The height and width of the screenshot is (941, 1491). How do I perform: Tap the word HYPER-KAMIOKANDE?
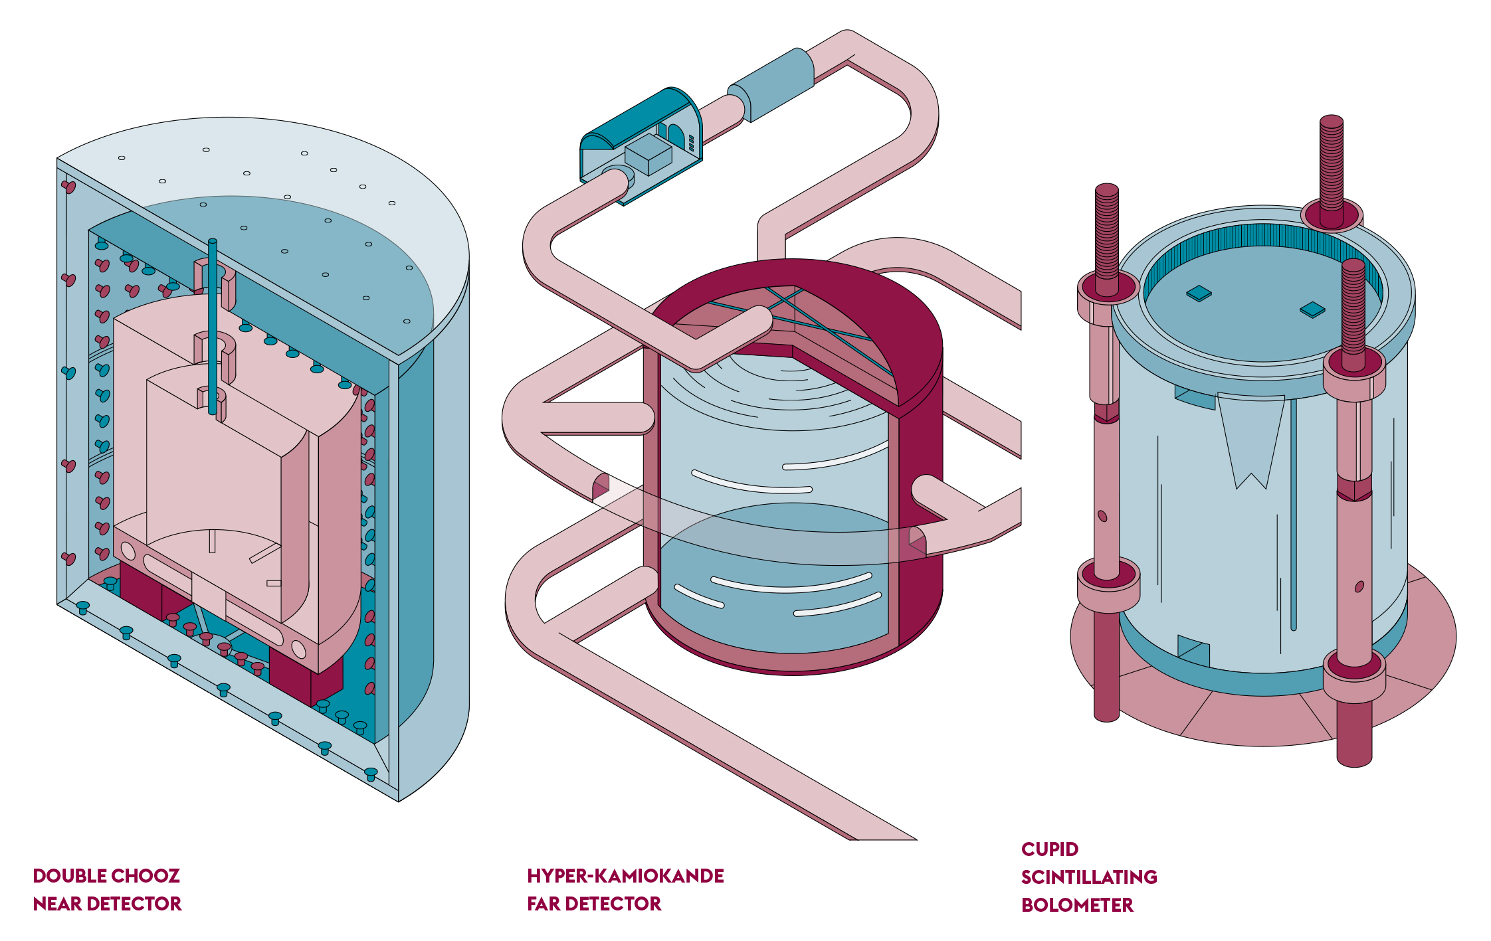tap(625, 876)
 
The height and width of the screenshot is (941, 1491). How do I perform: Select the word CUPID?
tap(1050, 849)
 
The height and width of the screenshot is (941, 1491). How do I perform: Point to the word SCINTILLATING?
tap(1089, 877)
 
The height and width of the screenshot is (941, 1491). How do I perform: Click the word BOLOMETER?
tap(1077, 905)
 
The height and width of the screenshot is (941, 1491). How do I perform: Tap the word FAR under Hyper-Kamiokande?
tap(544, 904)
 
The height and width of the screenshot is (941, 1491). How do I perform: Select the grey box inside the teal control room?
tap(648, 154)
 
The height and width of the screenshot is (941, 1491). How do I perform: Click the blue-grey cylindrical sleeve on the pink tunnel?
tap(771, 85)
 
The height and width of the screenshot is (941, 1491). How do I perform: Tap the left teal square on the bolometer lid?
tap(1199, 293)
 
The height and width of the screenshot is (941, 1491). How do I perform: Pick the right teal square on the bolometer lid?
tap(1312, 309)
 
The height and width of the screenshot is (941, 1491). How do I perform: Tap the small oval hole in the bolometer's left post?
tap(1102, 516)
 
